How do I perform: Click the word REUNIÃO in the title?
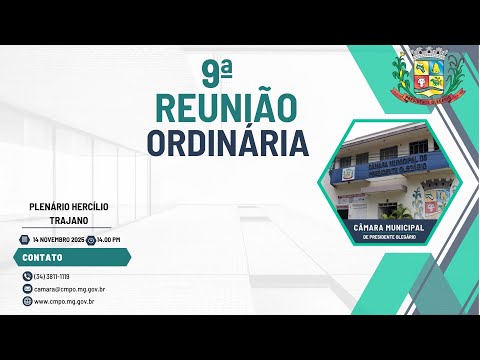pos(226,107)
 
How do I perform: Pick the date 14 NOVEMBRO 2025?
pos(57,240)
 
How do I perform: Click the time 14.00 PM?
pos(109,240)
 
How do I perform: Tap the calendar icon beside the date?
pos(24,240)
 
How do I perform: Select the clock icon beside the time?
pos(91,240)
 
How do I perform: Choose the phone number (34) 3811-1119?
pos(52,276)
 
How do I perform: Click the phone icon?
pos(26,276)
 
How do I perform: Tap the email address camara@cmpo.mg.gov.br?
pos(70,288)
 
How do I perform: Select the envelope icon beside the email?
pos(26,288)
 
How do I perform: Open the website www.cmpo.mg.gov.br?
pos(64,300)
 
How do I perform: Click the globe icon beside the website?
pos(26,300)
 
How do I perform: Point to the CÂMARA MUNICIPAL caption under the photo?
pos(389,229)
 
